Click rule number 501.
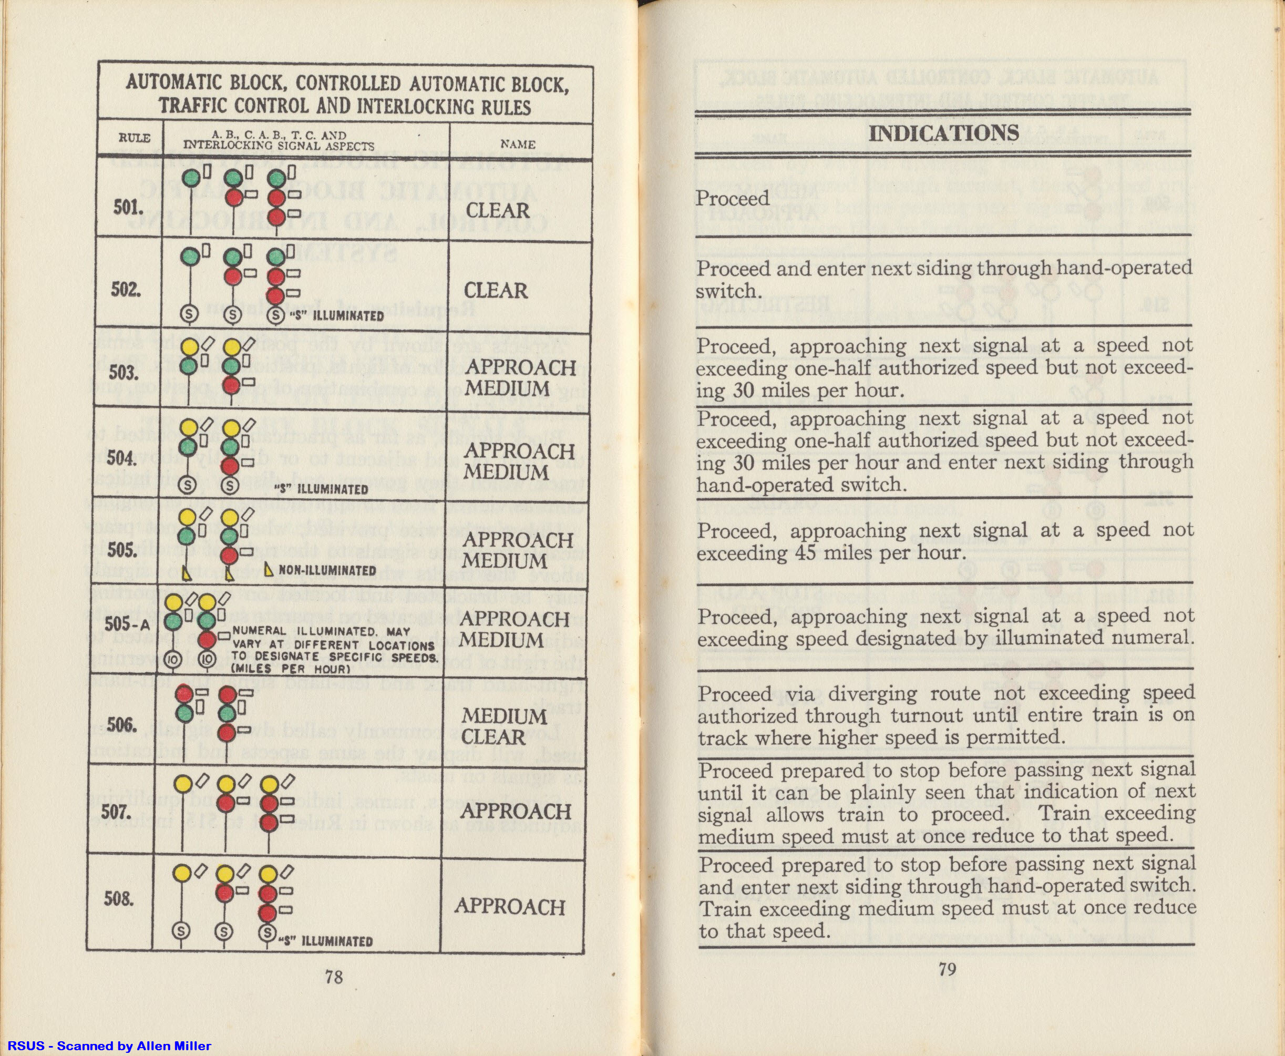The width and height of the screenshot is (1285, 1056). point(128,208)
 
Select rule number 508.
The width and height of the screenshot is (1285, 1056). point(119,898)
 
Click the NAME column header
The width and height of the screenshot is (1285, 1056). point(518,144)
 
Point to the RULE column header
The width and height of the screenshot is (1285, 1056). point(134,138)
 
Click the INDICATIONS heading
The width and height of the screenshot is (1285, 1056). point(943,133)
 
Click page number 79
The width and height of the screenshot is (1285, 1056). point(948,968)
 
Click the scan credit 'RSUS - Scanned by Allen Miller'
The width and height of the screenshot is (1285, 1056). point(109,1046)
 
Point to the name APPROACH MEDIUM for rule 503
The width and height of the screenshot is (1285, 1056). point(520,378)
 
